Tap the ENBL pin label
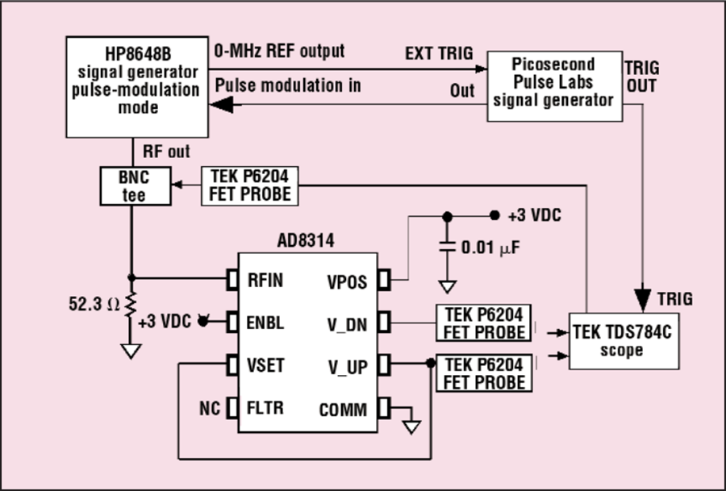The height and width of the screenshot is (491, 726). [x=265, y=322]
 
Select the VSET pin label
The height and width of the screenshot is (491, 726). [x=265, y=365]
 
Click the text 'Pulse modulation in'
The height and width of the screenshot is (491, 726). [x=287, y=85]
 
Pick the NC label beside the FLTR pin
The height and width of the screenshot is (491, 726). [x=211, y=407]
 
